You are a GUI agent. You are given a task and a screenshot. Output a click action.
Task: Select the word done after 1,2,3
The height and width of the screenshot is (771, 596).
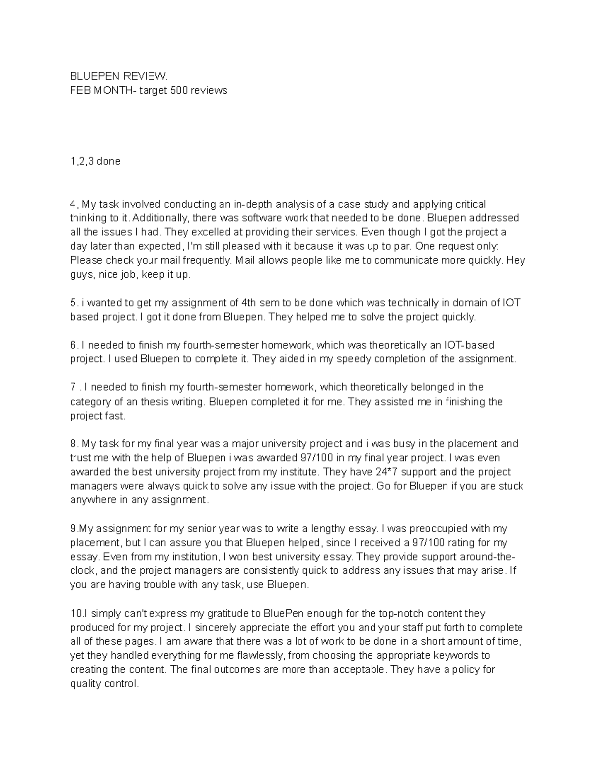pos(109,161)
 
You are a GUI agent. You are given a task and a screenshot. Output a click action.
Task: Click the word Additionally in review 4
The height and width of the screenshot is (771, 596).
pos(160,218)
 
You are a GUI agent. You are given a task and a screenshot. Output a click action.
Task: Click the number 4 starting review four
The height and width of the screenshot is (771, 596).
pos(73,204)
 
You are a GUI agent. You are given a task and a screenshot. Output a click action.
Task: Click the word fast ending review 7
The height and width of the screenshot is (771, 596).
pos(115,416)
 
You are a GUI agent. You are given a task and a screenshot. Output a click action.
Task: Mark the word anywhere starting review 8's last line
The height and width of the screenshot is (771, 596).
pos(92,500)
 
